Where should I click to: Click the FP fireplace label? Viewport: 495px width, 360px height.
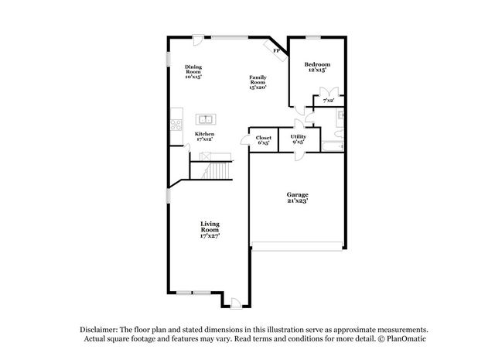(277, 50)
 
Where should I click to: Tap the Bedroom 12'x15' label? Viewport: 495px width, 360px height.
(317, 67)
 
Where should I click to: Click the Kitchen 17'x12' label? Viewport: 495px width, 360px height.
(204, 136)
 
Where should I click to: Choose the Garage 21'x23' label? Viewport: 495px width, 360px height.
(297, 197)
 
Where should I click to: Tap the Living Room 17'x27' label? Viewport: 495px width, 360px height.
(210, 229)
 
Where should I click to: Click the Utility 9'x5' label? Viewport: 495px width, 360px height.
(299, 139)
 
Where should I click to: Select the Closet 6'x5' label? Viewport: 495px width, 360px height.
(264, 140)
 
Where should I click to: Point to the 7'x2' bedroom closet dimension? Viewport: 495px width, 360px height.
(329, 101)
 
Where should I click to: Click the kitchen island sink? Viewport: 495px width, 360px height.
(206, 119)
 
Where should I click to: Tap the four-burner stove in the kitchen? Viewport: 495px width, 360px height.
(176, 125)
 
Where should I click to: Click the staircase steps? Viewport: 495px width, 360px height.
(218, 170)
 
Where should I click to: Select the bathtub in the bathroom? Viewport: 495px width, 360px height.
(333, 146)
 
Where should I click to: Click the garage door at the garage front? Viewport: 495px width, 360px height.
(297, 246)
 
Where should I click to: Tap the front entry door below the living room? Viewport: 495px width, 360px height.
(236, 303)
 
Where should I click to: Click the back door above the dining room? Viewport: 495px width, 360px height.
(198, 40)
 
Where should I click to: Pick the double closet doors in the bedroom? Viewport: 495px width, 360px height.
(329, 91)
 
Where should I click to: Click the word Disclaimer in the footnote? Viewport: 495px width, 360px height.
(99, 330)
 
